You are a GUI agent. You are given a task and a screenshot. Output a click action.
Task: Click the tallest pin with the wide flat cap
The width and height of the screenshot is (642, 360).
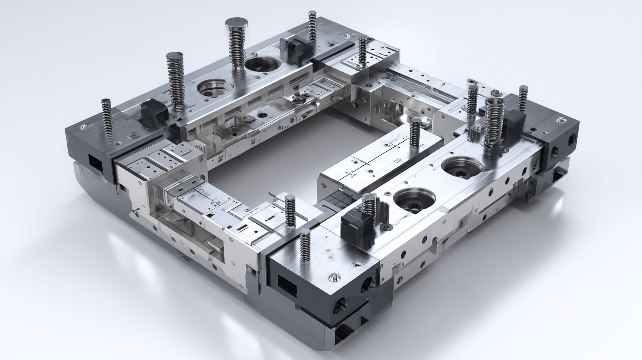click(237, 42)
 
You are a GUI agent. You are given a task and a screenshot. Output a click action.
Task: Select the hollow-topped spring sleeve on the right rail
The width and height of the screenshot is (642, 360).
click(494, 121)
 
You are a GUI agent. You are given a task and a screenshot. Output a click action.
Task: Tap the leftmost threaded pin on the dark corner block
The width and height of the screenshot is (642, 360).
click(107, 117)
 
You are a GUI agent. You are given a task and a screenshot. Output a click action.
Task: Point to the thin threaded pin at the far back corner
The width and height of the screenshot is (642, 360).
click(312, 26)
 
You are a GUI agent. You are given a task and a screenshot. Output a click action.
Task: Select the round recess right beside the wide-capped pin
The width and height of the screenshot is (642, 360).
click(262, 64)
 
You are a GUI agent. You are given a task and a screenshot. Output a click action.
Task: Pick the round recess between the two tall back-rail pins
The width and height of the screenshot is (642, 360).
click(215, 87)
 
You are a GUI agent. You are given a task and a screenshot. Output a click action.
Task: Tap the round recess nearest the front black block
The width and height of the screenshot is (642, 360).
click(414, 200)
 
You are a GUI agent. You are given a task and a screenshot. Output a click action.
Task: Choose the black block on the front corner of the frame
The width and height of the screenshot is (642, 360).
click(358, 226)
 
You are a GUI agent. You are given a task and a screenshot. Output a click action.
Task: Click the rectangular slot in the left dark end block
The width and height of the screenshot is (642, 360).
click(96, 164)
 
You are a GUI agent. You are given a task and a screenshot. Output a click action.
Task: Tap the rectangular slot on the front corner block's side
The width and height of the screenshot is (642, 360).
click(287, 286)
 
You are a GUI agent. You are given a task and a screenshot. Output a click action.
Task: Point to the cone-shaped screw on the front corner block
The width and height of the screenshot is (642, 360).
click(334, 277)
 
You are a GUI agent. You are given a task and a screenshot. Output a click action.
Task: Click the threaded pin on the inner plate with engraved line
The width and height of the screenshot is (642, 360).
click(415, 132)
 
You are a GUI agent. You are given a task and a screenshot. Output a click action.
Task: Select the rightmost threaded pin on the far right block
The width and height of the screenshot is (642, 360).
click(523, 98)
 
